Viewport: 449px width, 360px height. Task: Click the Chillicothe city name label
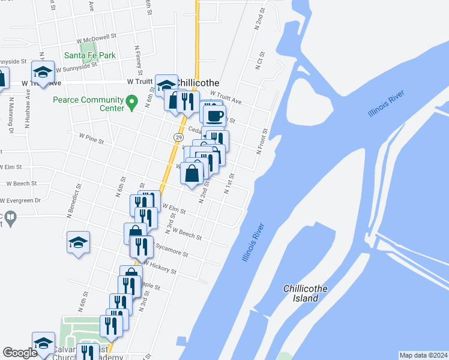click(199, 83)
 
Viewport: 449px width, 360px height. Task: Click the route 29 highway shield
click(179, 137)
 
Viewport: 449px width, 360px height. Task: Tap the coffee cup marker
click(214, 115)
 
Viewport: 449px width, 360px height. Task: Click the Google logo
click(20, 353)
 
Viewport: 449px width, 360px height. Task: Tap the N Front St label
click(262, 142)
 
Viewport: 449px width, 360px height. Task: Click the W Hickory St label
click(158, 267)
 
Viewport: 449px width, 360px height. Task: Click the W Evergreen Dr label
click(20, 200)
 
